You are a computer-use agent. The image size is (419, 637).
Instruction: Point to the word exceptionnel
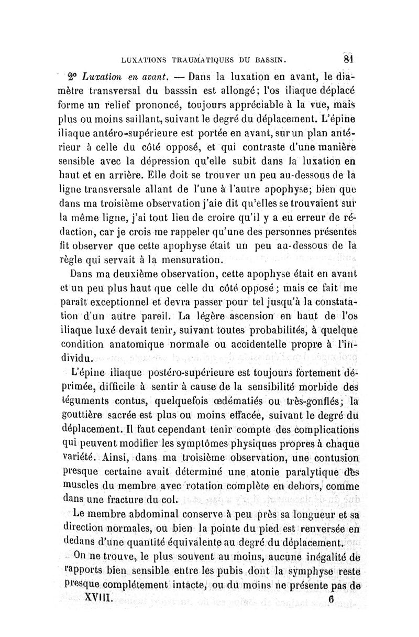click(x=128, y=302)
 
